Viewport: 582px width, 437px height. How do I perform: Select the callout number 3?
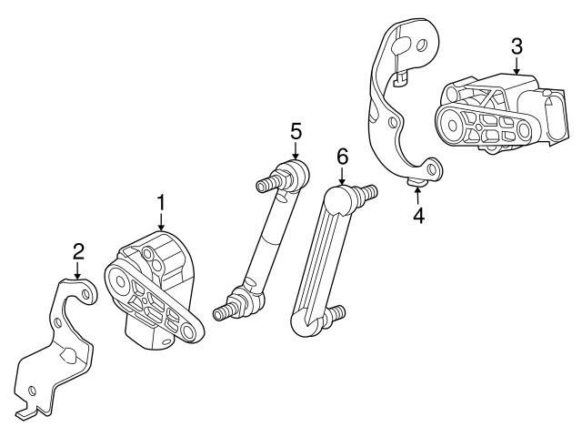click(516, 45)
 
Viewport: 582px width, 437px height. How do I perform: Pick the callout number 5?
click(296, 130)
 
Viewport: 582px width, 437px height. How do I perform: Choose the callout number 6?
click(342, 156)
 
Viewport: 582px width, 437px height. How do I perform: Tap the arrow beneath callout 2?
click(78, 270)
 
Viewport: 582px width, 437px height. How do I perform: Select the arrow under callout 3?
click(516, 66)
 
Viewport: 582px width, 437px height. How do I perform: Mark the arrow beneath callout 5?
click(296, 151)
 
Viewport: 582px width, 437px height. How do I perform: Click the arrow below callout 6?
click(342, 177)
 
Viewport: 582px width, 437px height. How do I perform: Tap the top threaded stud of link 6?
click(367, 194)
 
